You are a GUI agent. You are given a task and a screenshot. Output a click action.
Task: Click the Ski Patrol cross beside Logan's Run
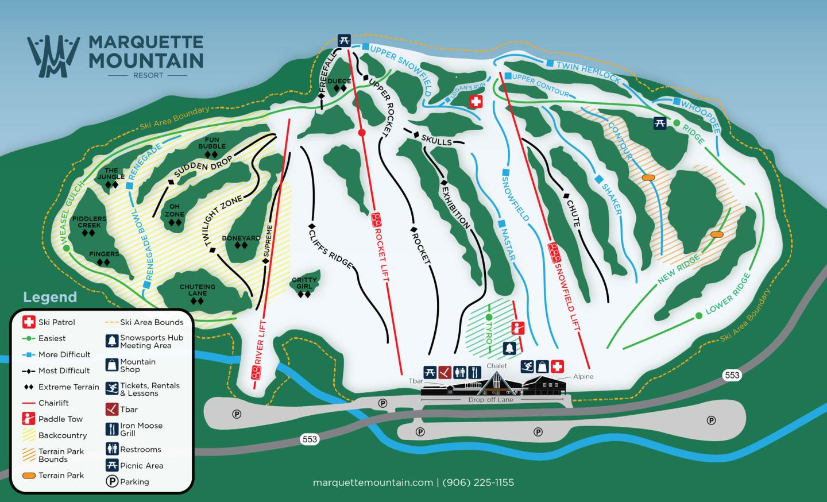(476, 102)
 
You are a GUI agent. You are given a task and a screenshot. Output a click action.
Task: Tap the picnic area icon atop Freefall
(343, 40)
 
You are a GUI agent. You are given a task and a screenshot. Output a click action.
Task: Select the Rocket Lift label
(381, 247)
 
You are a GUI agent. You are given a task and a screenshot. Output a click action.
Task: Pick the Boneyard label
(241, 238)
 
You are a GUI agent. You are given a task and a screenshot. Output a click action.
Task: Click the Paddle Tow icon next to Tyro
(517, 329)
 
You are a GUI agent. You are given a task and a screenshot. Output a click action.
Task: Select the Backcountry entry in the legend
(62, 435)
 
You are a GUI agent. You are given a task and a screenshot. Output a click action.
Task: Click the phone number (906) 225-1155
(478, 482)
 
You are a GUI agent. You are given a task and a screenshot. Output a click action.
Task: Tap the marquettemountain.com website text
(373, 482)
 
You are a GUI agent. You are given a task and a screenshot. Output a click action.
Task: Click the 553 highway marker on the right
(732, 375)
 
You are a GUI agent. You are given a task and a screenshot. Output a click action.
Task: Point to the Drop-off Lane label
(490, 400)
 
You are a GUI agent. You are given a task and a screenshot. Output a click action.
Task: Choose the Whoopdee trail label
(700, 117)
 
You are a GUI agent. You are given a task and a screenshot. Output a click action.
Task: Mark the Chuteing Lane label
(198, 290)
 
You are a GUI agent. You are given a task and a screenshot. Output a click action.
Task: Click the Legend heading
(50, 297)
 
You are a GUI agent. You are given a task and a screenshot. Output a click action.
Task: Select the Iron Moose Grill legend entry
(141, 429)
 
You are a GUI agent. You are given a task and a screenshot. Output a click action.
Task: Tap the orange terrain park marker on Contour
(648, 178)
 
